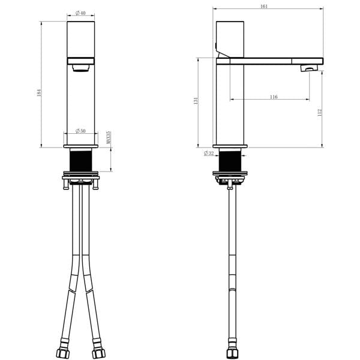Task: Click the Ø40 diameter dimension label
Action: [80, 13]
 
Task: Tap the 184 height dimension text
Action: [39, 92]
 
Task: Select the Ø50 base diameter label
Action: [80, 131]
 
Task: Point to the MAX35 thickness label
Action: [109, 137]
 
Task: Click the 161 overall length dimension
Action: [264, 7]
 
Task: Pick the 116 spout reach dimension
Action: [274, 97]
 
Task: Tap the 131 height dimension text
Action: [196, 101]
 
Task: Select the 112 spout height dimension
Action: [320, 113]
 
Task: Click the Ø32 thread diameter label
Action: [209, 153]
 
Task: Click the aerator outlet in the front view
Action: [80, 68]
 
